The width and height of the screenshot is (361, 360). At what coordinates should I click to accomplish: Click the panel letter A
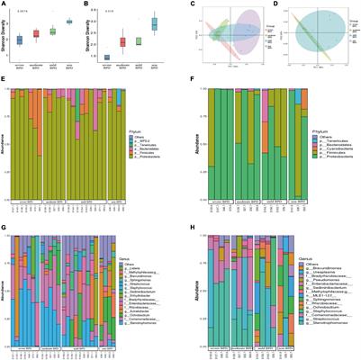point(5,4)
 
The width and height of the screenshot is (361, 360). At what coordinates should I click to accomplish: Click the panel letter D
point(274,4)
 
